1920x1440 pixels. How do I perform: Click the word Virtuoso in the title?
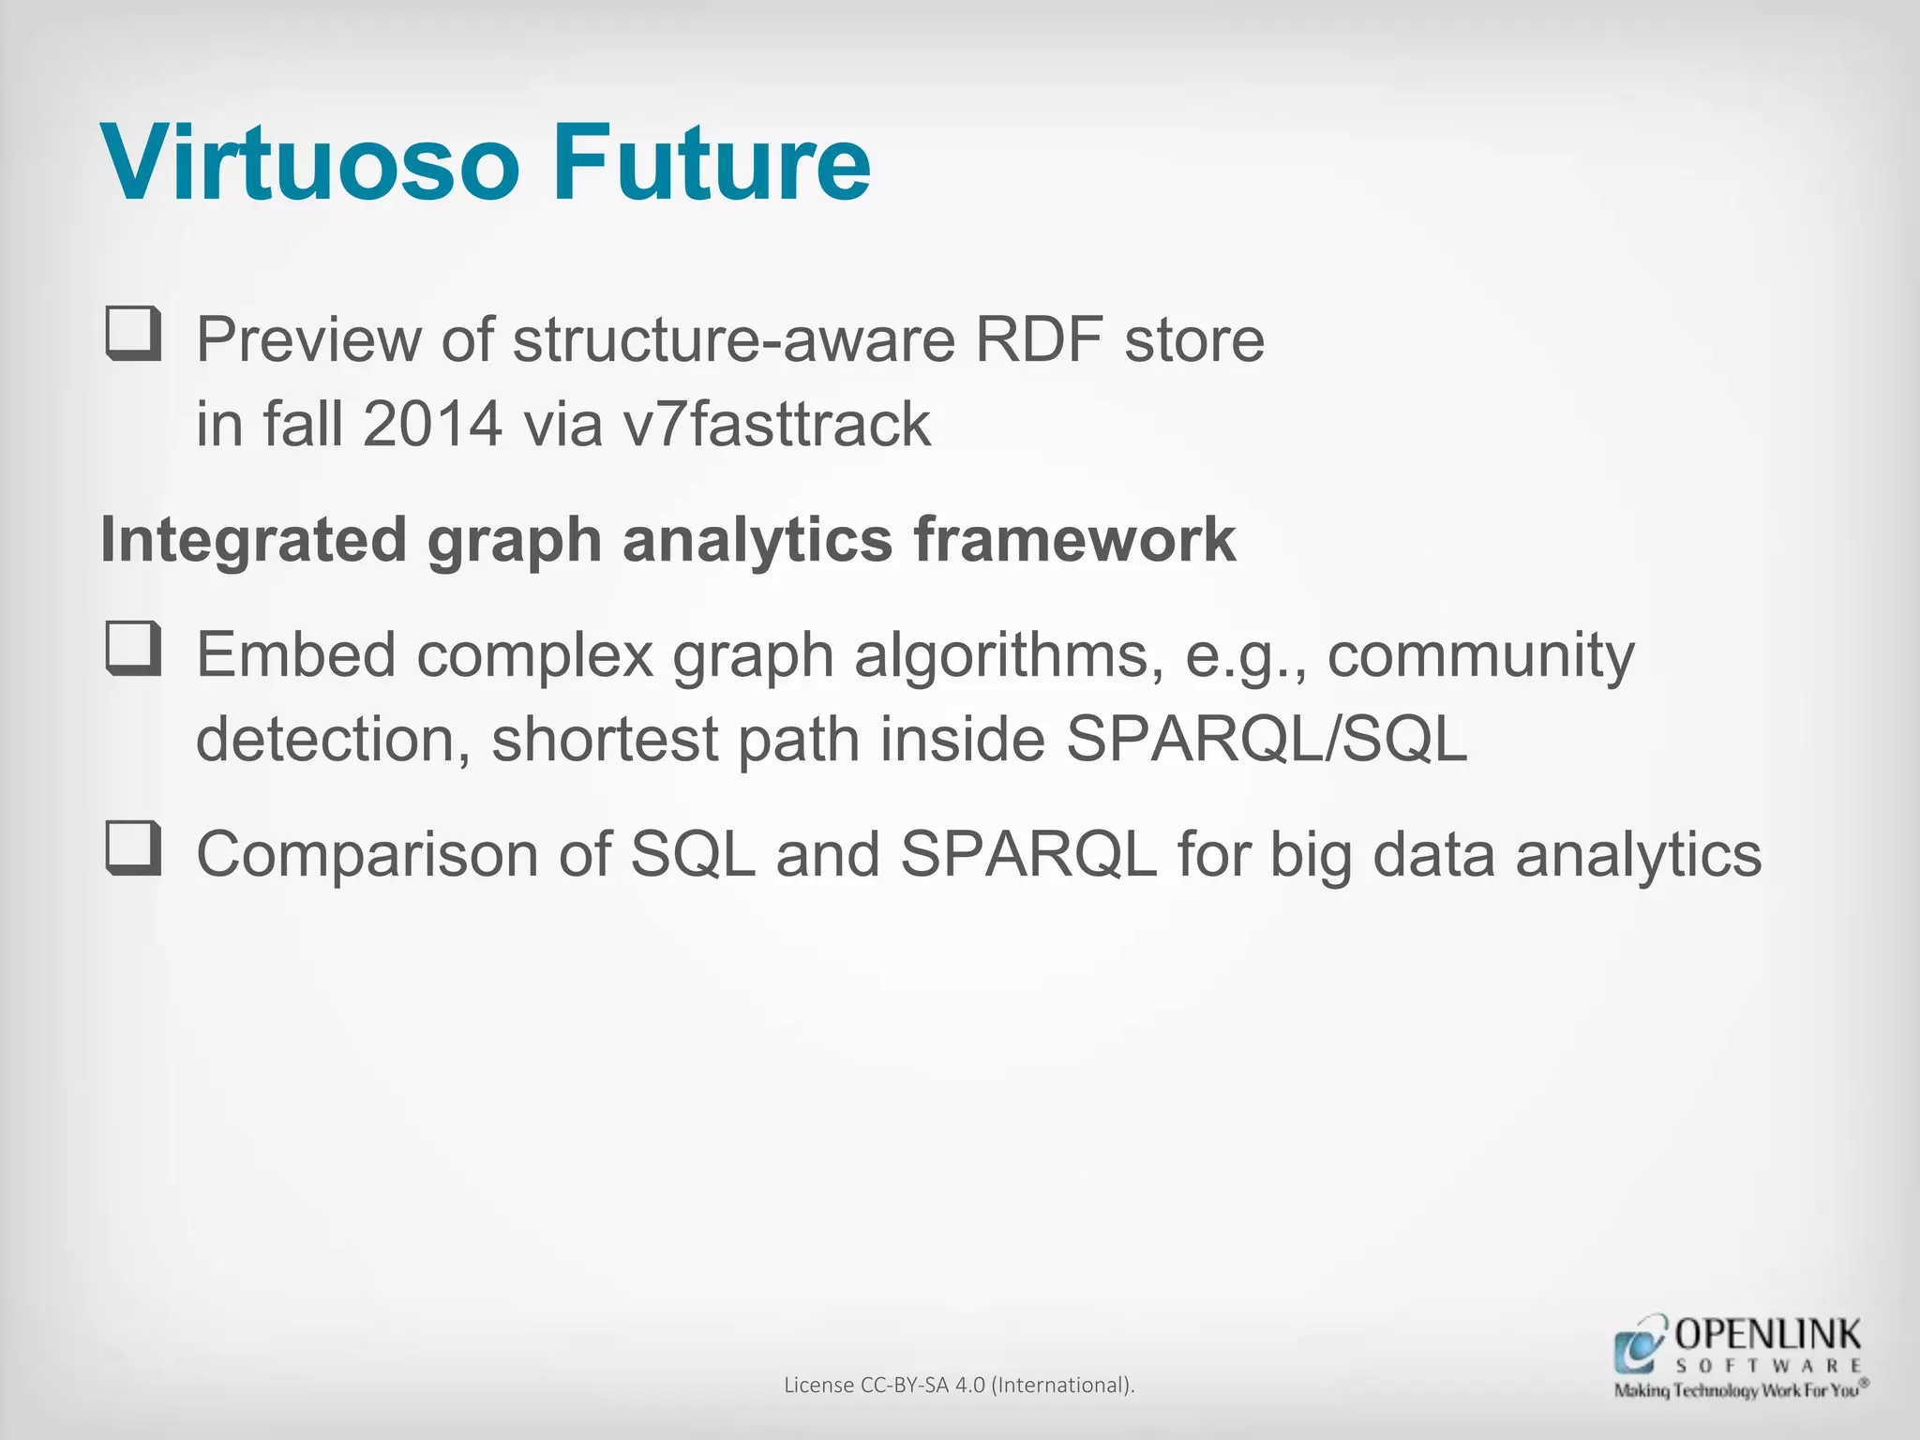pyautogui.click(x=310, y=163)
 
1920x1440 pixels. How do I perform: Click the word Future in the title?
pyautogui.click(x=712, y=163)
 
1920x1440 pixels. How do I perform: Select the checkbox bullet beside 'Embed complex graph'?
pyautogui.click(x=132, y=648)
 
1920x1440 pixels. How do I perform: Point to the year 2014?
pyautogui.click(x=432, y=425)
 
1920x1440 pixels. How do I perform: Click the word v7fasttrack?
pyautogui.click(x=777, y=425)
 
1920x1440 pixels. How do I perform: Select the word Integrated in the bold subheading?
pyautogui.click(x=253, y=540)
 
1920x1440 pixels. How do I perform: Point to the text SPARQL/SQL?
pyautogui.click(x=1267, y=740)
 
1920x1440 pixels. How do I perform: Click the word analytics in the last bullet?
pyautogui.click(x=1638, y=855)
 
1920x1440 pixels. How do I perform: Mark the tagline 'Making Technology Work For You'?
pyautogui.click(x=1740, y=1390)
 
